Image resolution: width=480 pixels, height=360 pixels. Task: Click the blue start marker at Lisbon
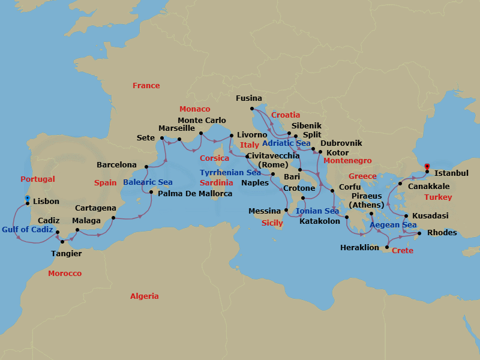(27, 198)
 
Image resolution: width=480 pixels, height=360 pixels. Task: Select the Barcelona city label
(117, 165)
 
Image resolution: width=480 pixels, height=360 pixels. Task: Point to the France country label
(146, 86)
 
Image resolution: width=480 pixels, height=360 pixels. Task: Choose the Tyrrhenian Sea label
(230, 173)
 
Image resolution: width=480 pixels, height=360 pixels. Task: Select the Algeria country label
(145, 296)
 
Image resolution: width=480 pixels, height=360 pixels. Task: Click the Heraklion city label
(359, 247)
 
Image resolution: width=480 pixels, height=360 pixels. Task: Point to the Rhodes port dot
(419, 233)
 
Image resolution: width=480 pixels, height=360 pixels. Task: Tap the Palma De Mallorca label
(195, 194)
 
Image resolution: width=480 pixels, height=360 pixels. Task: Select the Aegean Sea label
(393, 225)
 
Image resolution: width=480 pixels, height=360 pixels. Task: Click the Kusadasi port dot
(407, 216)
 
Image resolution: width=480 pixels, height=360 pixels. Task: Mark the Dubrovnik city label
(341, 143)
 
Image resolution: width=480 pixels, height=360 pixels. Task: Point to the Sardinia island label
(217, 182)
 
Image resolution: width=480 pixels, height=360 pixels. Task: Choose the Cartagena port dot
(113, 218)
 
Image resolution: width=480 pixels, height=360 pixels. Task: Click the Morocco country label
(65, 274)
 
